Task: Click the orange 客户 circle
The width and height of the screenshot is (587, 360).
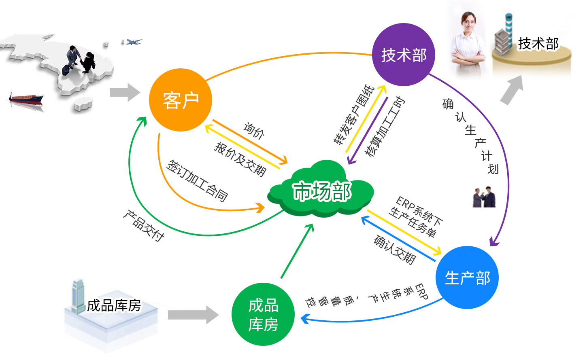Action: (x=181, y=100)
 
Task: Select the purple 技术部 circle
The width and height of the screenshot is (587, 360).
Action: (x=404, y=55)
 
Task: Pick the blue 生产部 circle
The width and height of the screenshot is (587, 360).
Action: (x=467, y=278)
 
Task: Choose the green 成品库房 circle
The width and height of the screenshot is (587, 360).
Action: (x=263, y=314)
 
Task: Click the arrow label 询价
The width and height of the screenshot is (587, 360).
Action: (x=254, y=131)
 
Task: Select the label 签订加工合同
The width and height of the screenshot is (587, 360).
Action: (x=198, y=181)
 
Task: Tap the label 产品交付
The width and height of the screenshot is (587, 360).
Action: (x=144, y=226)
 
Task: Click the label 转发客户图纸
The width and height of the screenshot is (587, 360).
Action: (x=353, y=114)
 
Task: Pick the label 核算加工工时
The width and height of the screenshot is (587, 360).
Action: (x=384, y=126)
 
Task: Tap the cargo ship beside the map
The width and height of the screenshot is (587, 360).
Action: (x=26, y=98)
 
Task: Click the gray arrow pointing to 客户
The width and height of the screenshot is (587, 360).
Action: (x=125, y=92)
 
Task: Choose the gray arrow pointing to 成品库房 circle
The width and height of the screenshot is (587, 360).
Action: (x=193, y=315)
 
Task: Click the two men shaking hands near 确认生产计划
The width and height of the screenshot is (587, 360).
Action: (x=484, y=197)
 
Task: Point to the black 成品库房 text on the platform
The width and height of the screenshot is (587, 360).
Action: (x=114, y=305)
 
